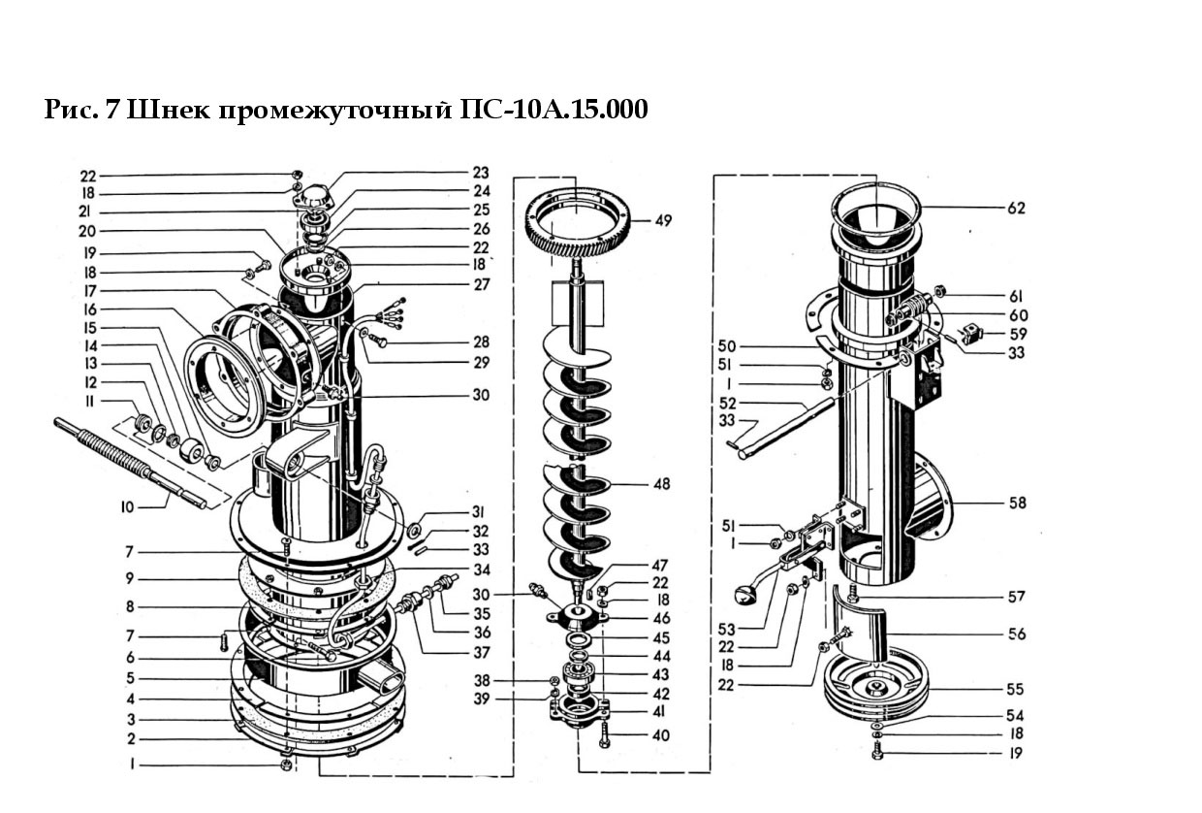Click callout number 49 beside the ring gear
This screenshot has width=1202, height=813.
(x=664, y=220)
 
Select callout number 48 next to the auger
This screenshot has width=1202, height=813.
(x=662, y=484)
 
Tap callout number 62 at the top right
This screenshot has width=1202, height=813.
(x=1016, y=208)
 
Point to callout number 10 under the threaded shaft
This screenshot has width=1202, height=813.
(x=127, y=507)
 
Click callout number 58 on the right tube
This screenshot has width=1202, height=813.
(x=1017, y=503)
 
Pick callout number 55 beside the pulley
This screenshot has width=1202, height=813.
(x=1015, y=689)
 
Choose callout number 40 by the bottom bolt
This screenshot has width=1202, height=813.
(x=661, y=735)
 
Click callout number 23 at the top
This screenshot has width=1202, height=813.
(x=481, y=173)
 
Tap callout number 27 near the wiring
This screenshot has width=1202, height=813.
(x=482, y=284)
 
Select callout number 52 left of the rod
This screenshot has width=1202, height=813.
(x=728, y=403)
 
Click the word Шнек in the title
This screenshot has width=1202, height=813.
(x=171, y=110)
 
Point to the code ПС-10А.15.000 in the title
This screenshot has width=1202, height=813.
(x=554, y=110)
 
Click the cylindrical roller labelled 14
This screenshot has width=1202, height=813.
(x=191, y=450)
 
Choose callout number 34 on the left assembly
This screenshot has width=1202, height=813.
(x=482, y=569)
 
